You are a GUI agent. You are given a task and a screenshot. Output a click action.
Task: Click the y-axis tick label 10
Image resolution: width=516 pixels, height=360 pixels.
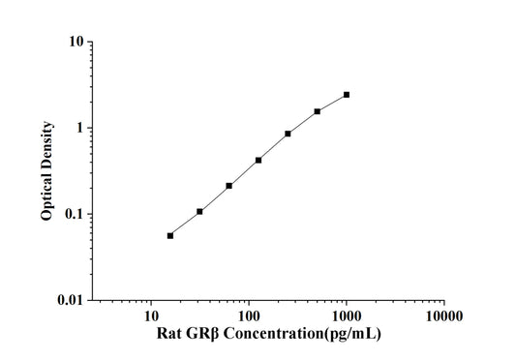point(74,43)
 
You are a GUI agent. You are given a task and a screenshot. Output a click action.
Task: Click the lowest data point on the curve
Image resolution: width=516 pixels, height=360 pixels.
point(170,235)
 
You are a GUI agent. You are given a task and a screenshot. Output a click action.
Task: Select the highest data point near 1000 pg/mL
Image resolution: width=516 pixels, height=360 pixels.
point(347,95)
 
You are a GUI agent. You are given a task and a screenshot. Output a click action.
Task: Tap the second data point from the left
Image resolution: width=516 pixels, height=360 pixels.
point(199,211)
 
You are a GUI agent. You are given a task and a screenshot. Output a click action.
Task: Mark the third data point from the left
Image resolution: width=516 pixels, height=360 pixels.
point(229,186)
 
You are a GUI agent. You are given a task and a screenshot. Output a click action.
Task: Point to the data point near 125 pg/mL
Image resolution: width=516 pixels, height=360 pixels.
point(258,160)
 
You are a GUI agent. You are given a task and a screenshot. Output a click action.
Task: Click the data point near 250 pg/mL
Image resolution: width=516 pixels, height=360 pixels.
point(288,134)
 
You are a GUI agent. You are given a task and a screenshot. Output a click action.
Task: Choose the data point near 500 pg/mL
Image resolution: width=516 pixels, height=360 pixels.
point(318,111)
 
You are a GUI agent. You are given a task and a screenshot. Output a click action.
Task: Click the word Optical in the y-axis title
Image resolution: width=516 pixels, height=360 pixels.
point(46,195)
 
